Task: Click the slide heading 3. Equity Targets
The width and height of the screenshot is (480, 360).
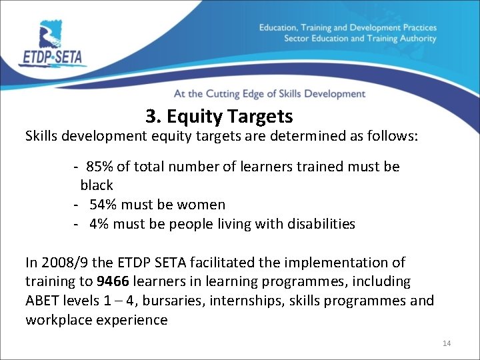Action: point(219,117)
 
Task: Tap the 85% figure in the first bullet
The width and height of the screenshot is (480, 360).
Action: point(100,166)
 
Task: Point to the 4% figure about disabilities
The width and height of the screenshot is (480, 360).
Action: point(99,224)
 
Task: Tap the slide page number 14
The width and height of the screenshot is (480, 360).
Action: point(446,343)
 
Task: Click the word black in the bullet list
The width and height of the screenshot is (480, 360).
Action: point(97,185)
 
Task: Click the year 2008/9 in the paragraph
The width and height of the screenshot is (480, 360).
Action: point(66,263)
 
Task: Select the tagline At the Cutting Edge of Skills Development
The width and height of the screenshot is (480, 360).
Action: point(269,94)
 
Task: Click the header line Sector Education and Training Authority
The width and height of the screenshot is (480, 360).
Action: point(360,39)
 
